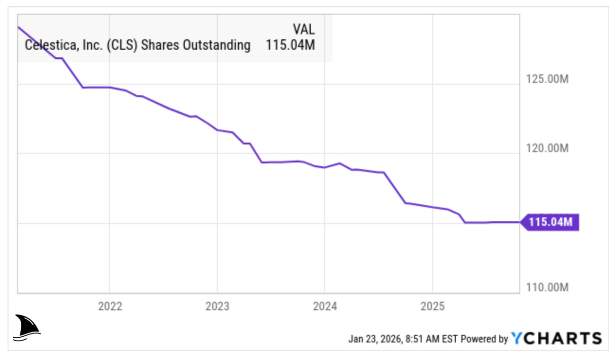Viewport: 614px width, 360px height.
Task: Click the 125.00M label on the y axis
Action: pos(547,79)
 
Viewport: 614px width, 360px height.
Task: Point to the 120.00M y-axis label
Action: pos(547,148)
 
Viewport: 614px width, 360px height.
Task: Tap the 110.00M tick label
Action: pos(547,287)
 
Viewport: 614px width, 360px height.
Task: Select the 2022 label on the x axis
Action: pos(110,306)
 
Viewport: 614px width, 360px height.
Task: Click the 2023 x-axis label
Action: pos(217,306)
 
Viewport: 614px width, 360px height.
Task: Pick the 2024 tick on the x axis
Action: pos(325,306)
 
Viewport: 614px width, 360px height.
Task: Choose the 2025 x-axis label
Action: pos(432,306)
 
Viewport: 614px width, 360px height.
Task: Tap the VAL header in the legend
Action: pos(304,29)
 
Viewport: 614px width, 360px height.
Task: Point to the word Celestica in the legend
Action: pos(47,45)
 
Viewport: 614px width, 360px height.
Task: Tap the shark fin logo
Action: pos(27,327)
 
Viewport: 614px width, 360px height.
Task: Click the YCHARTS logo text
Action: pos(557,338)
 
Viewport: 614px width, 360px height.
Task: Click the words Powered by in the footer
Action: pos(484,339)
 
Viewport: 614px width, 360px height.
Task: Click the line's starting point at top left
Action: pos(18,27)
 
